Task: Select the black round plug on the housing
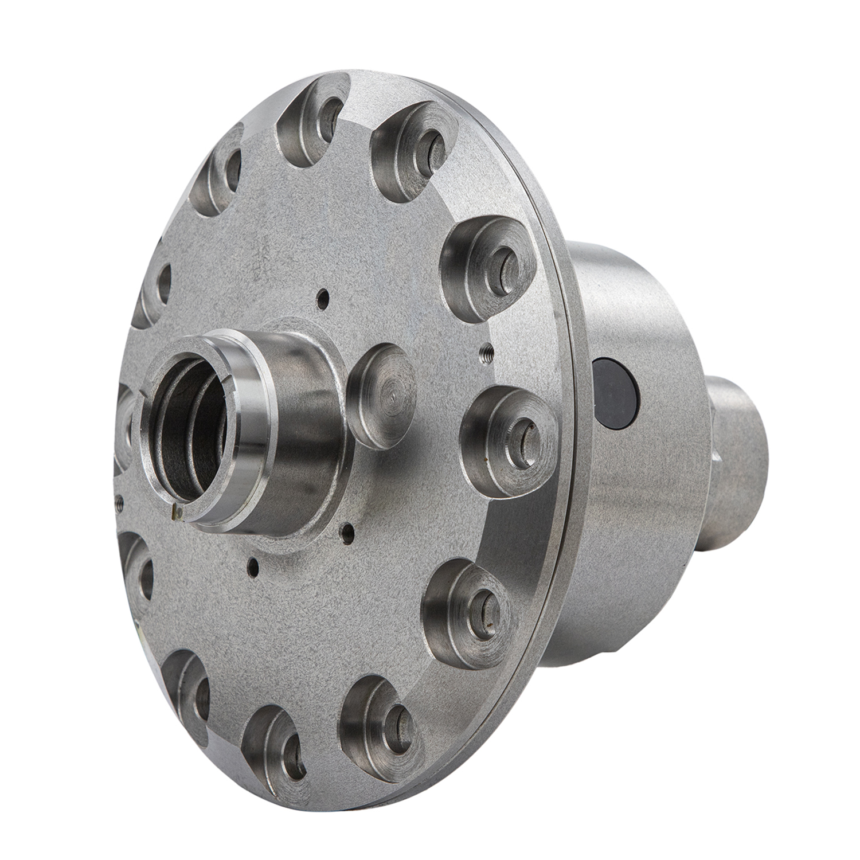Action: tap(615, 393)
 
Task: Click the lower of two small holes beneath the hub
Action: tap(252, 567)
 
